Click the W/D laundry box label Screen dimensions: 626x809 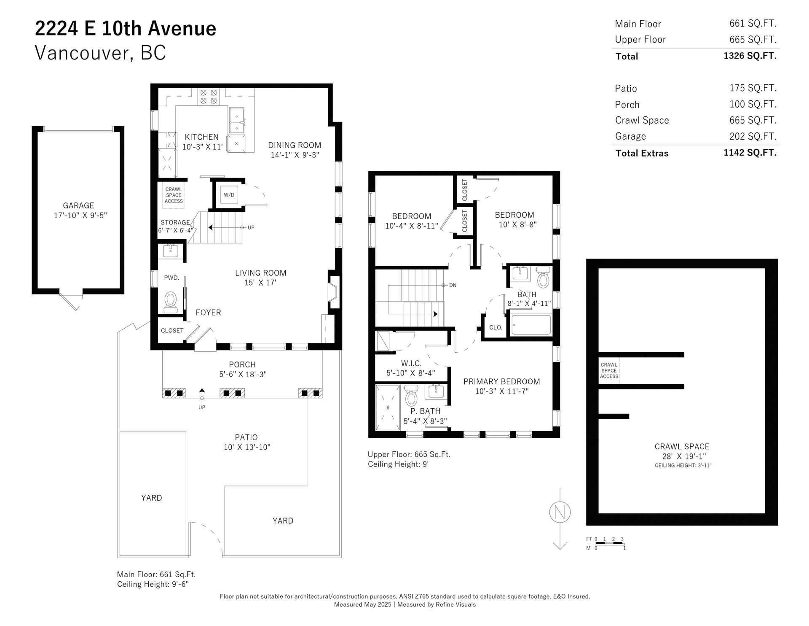click(229, 195)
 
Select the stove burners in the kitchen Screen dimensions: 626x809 click(208, 96)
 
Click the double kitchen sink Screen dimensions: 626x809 click(236, 120)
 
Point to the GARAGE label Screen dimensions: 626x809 click(78, 205)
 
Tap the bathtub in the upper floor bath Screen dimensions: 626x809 click(530, 325)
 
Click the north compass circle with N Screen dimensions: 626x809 click(560, 513)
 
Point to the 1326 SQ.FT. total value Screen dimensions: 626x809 click(750, 56)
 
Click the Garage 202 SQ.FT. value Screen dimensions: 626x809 click(753, 136)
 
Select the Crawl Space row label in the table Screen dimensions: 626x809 click(642, 120)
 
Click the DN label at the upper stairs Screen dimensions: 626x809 click(453, 285)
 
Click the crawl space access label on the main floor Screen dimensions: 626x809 click(174, 195)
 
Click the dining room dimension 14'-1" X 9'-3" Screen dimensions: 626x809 click(295, 155)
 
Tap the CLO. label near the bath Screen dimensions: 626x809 click(496, 327)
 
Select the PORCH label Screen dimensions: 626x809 click(242, 364)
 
